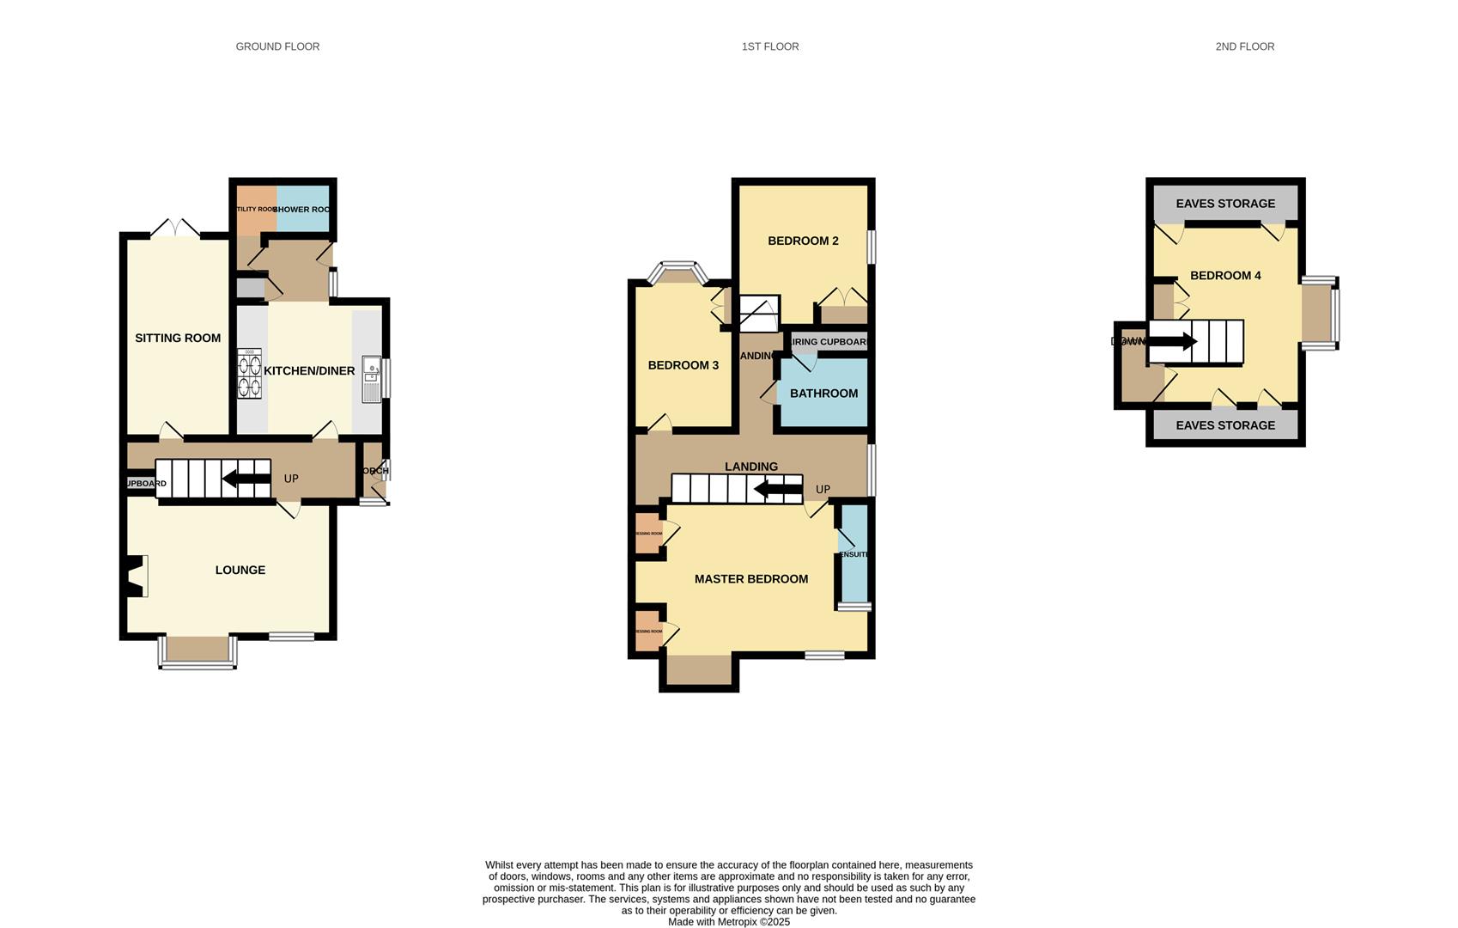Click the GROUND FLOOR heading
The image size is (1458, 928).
coord(277,46)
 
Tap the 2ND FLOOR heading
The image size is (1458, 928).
coord(1244,46)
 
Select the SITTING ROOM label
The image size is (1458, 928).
coord(178,338)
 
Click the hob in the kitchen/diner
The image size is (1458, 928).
coord(249,374)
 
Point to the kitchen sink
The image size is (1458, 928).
coord(372,379)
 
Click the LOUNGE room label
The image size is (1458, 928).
coord(240,570)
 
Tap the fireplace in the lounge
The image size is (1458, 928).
coord(136,576)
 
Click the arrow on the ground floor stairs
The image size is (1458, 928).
coord(246,479)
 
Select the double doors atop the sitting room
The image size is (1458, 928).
coord(175,229)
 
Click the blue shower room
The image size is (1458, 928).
coord(303,209)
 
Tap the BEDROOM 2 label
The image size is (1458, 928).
coord(803,241)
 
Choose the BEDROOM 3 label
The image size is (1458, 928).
coord(683,365)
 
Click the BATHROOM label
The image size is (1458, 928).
coord(823,394)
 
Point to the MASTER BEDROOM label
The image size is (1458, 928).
coord(750,579)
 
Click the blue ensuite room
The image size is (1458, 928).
coord(854,554)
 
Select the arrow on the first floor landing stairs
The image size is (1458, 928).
coord(778,490)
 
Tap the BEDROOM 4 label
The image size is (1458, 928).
coord(1224,276)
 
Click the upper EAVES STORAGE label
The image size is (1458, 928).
coord(1224,204)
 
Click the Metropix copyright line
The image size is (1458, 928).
coord(728,922)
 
